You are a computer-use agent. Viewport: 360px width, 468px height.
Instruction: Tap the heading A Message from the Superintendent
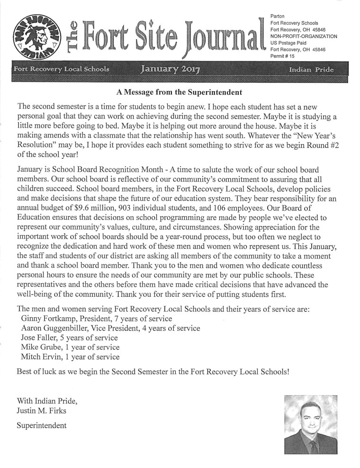(179, 92)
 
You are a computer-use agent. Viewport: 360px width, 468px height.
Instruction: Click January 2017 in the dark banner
(170, 70)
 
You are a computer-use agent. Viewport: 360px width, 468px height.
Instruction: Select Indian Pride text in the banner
(311, 70)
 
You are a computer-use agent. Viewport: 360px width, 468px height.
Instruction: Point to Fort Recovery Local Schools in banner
(62, 69)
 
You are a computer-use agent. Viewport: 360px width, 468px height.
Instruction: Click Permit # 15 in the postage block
(282, 56)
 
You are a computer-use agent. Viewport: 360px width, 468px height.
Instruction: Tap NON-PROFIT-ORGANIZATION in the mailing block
(303, 36)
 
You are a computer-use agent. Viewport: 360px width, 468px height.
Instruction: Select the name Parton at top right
(277, 16)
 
